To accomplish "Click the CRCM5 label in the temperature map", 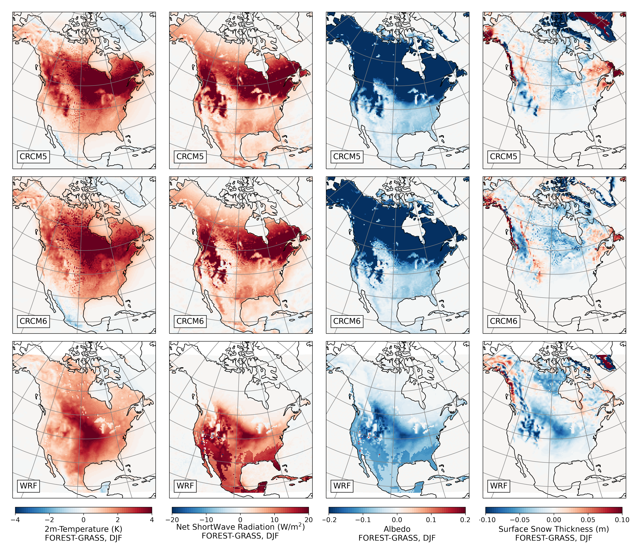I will coord(33,156).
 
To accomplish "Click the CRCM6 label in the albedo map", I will coord(347,321).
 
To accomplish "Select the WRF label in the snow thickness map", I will coord(499,486).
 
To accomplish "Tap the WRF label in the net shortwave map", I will coord(185,486).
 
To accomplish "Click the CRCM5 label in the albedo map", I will coord(347,156).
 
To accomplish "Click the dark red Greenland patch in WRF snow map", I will coord(606,363).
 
